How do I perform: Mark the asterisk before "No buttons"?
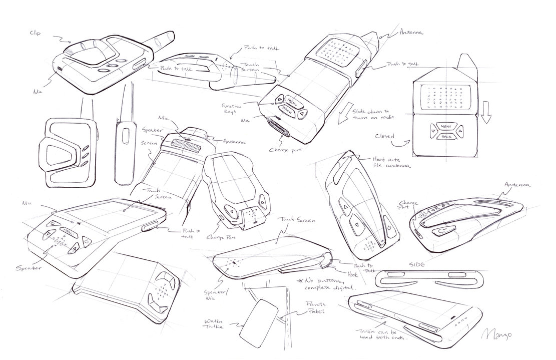[300, 280]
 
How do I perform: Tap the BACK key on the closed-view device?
[444, 135]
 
